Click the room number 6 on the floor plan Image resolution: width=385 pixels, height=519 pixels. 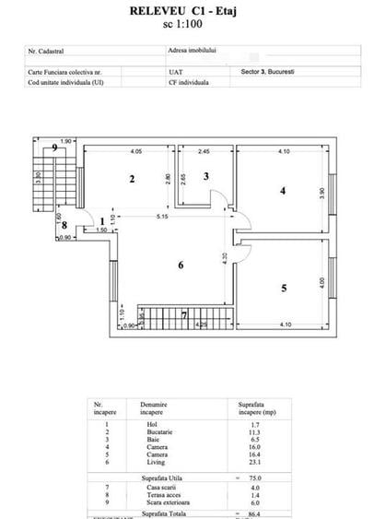[x=181, y=265]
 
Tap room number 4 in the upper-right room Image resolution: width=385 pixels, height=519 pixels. [x=284, y=191]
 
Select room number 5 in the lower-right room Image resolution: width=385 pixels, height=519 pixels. [x=284, y=289]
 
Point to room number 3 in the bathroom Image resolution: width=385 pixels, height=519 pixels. [x=206, y=176]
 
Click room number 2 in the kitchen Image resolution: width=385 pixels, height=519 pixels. [x=133, y=179]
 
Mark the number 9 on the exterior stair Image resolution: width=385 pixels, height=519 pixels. [x=54, y=147]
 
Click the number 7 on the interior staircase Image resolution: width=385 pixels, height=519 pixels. [x=184, y=315]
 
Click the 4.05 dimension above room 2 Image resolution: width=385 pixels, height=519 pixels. [x=135, y=150]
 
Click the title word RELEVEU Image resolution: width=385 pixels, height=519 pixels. [x=159, y=11]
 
